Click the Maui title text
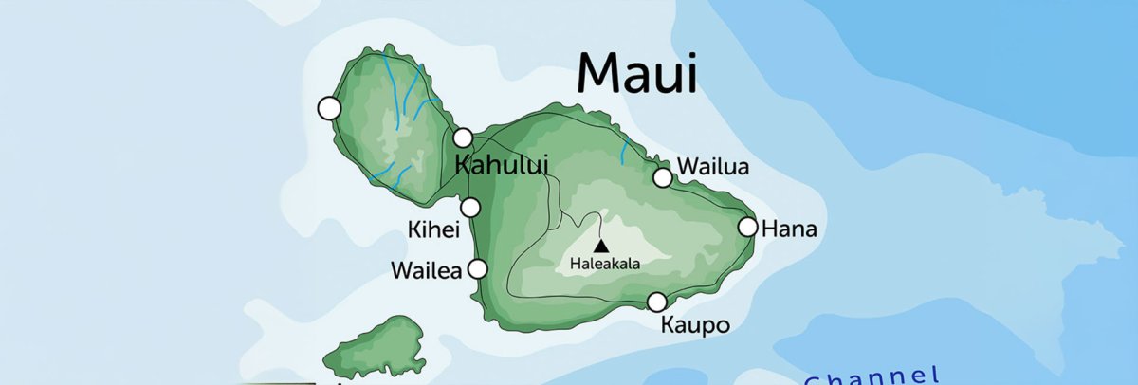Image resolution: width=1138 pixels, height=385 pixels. (637, 72)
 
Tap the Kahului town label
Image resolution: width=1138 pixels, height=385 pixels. (502, 163)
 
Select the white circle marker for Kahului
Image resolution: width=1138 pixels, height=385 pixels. (463, 137)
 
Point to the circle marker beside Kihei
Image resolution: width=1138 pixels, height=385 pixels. (470, 208)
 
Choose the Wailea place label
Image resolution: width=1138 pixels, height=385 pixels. (426, 271)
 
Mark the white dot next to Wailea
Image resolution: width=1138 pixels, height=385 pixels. (478, 269)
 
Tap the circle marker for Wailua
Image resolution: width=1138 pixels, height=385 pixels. (663, 177)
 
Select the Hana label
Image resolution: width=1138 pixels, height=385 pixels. (789, 229)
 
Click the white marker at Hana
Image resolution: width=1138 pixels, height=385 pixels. (747, 227)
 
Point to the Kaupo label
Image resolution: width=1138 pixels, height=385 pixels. (694, 326)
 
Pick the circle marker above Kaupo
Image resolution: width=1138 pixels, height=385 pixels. (656, 302)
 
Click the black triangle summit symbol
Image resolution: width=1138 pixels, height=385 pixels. (600, 246)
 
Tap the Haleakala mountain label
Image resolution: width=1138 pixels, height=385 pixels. (604, 265)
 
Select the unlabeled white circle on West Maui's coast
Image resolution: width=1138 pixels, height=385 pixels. (329, 108)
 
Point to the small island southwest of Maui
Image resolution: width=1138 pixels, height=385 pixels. (375, 347)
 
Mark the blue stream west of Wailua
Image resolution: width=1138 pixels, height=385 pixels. (624, 150)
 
